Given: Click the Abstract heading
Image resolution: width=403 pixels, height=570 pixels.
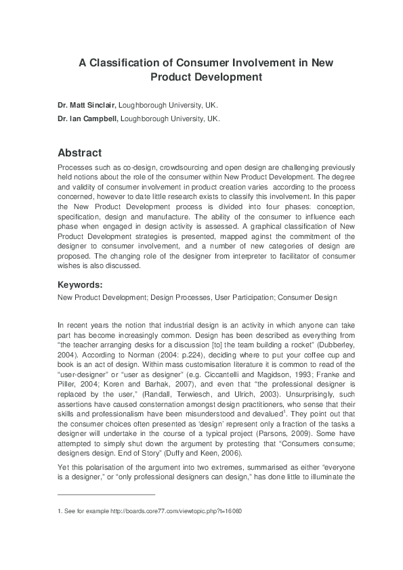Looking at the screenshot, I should pos(79,153).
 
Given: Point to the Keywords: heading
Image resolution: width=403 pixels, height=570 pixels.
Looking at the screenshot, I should pos(80,285).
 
